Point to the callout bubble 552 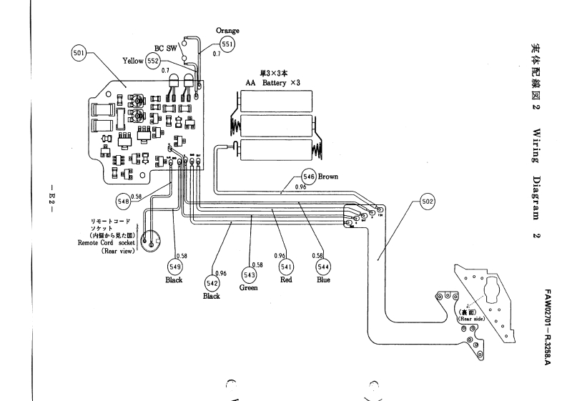click(x=154, y=62)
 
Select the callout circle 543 click(x=250, y=274)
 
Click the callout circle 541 click(x=285, y=267)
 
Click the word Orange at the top click(x=227, y=31)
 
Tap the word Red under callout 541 click(x=285, y=281)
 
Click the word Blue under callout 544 click(x=323, y=280)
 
